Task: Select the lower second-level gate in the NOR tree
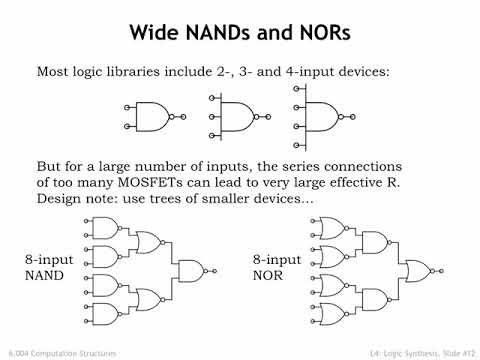click(376, 297)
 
